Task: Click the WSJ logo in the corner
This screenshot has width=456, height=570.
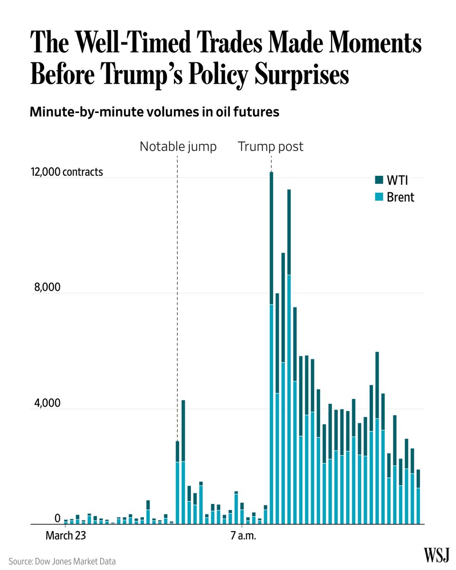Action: point(437,554)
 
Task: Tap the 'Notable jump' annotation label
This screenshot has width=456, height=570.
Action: point(178,147)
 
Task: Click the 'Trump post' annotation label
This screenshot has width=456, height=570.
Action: point(270,147)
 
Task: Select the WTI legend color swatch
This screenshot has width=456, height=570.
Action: point(379,180)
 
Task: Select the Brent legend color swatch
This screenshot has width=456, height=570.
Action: point(379,197)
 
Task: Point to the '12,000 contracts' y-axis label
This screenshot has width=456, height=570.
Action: point(66,172)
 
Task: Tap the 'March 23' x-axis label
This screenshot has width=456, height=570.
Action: point(66,536)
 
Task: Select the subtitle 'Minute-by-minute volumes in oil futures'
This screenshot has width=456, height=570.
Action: point(154,113)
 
